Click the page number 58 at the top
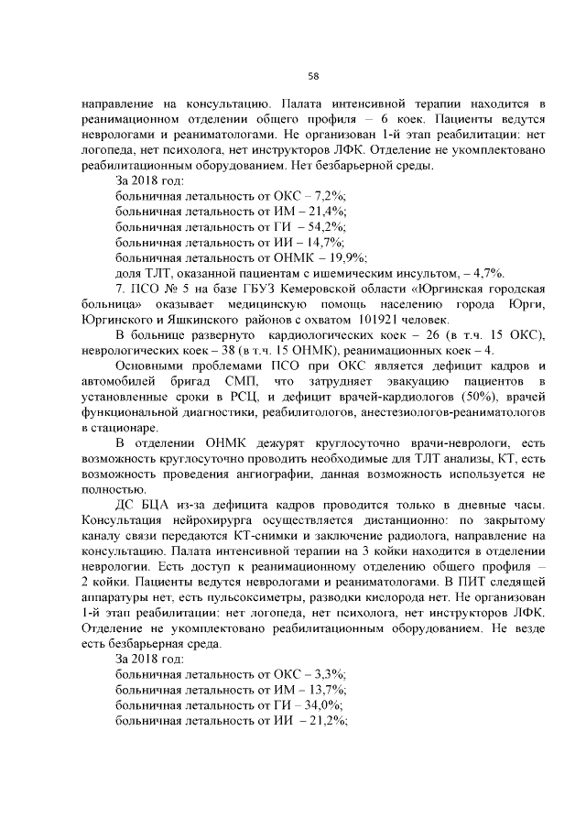[x=312, y=75]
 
